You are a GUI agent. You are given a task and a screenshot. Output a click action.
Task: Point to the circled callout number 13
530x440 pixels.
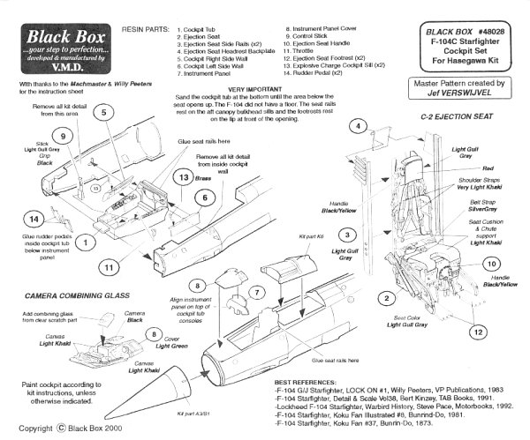(x=180, y=176)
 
